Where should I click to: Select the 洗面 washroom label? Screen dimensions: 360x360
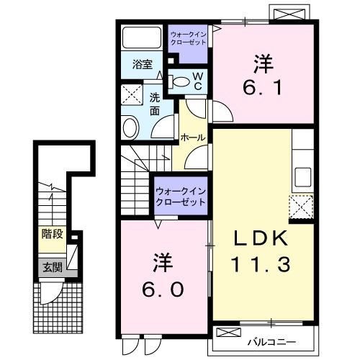154,105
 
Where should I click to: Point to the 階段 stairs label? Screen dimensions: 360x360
51,233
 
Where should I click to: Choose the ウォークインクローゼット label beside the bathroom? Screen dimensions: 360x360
189,37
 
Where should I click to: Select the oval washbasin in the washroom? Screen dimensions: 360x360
130,129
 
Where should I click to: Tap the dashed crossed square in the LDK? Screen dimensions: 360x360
301,207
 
